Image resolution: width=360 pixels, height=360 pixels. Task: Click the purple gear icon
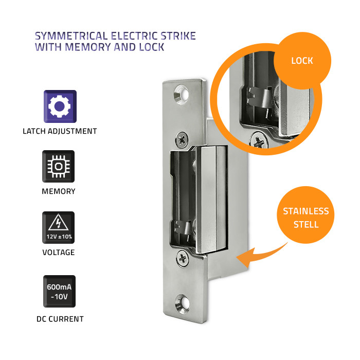coord(60,106)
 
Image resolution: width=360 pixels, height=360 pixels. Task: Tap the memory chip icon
coord(58,167)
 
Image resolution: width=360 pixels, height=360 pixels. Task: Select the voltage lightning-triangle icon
coord(58,227)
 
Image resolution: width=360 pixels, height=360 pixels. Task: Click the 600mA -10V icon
coord(59,292)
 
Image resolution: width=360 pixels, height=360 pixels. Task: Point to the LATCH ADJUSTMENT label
coord(60,131)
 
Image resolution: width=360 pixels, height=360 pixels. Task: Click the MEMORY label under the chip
coord(59,191)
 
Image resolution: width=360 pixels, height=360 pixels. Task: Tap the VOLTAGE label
coord(59,253)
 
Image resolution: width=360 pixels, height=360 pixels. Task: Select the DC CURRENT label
coord(60,319)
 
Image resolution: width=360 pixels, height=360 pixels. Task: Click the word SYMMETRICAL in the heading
coord(71,36)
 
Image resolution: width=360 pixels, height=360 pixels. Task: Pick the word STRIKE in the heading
coord(178,36)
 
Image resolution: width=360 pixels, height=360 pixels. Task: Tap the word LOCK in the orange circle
coord(302,61)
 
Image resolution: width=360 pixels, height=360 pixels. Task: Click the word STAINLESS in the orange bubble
coord(306,211)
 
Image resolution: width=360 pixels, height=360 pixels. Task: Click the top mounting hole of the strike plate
coord(182,95)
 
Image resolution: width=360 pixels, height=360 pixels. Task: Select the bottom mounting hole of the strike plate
coord(183,304)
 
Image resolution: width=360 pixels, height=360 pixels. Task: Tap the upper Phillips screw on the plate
coord(182,139)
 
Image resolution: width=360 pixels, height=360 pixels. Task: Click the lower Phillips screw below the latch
coord(183,259)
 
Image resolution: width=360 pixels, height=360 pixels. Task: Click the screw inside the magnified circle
coord(259,140)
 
